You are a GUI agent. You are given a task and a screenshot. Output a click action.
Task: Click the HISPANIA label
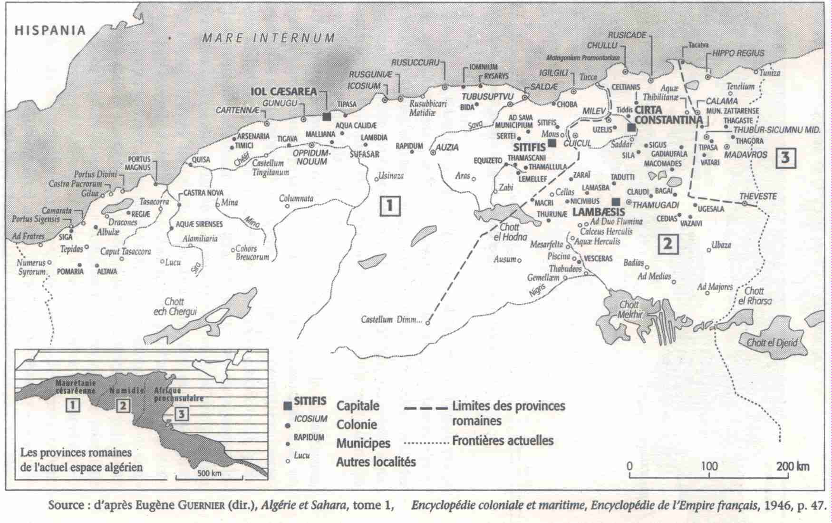pyautogui.click(x=50, y=31)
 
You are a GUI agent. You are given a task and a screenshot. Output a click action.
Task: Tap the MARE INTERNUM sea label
pyautogui.click(x=269, y=38)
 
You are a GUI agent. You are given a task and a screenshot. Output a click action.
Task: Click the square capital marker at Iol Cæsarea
pyautogui.click(x=327, y=117)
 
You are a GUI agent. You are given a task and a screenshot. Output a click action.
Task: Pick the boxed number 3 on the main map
pyautogui.click(x=785, y=157)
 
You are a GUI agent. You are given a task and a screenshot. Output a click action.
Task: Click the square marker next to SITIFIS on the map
pyautogui.click(x=552, y=143)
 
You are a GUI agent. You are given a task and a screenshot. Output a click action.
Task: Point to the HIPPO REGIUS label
pyautogui.click(x=738, y=53)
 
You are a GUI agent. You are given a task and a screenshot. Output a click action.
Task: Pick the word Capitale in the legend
pyautogui.click(x=358, y=406)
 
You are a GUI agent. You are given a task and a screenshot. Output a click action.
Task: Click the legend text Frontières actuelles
pyautogui.click(x=503, y=441)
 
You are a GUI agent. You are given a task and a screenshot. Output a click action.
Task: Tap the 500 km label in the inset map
pyautogui.click(x=209, y=474)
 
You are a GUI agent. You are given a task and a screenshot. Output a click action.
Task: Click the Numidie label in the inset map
pyautogui.click(x=126, y=390)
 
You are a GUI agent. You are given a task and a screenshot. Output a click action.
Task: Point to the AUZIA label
pyautogui.click(x=447, y=147)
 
